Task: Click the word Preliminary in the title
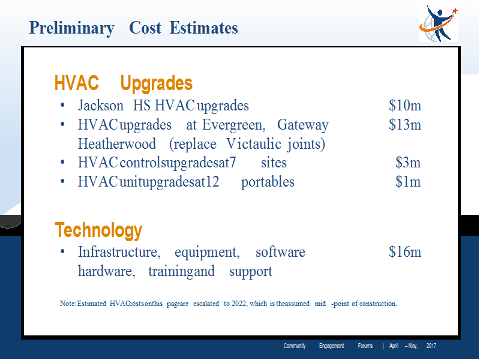coord(71,28)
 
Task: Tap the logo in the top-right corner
coord(439,24)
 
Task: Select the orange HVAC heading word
coord(77,83)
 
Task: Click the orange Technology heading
coord(98,231)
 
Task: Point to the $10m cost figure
coord(405,106)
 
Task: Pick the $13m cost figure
coord(405,125)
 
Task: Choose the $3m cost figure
coord(408,162)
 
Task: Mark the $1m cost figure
coord(408,182)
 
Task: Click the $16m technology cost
coord(405,252)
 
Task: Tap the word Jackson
coord(101,106)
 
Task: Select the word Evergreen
coord(233,125)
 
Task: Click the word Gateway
coord(303,125)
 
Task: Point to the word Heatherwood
coord(117,144)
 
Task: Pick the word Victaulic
coord(254,144)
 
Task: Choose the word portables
coord(268,182)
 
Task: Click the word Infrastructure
coord(119,252)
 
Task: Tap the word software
coord(280,252)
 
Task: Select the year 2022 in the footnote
coord(239,304)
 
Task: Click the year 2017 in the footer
coord(431,346)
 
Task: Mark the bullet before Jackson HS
coord(62,106)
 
